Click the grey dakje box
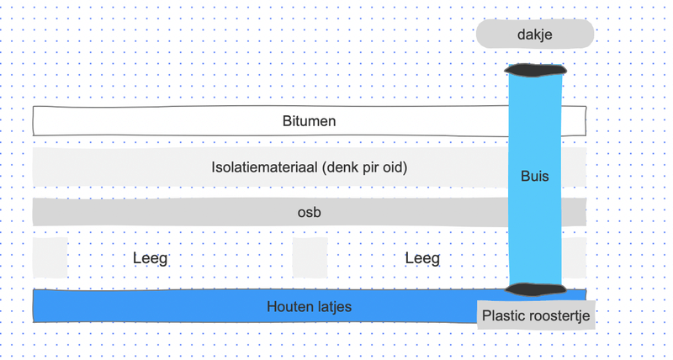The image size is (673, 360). tap(535, 34)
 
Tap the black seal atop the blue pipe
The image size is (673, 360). tap(535, 69)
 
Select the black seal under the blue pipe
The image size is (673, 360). tap(535, 289)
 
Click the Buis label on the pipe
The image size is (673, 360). tap(535, 177)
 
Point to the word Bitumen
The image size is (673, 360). tap(309, 121)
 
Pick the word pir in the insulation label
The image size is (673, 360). tap(372, 167)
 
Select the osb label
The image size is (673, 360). tap(309, 213)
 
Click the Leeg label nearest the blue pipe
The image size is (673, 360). tap(422, 258)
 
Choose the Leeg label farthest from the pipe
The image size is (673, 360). tap(151, 258)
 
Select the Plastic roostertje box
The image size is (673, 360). tap(536, 316)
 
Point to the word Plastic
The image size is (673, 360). tap(503, 316)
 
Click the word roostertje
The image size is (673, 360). tap(558, 316)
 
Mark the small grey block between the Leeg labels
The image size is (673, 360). tap(310, 257)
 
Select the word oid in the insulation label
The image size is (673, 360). tap(395, 167)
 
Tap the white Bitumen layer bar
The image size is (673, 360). tap(168, 121)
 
